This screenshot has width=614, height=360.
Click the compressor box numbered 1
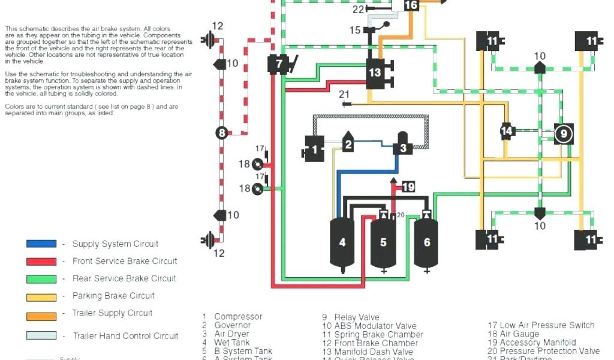point(314,149)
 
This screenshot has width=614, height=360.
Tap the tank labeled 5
point(383,242)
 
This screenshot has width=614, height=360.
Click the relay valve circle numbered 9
point(563,134)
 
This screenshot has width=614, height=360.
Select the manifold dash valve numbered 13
point(375,73)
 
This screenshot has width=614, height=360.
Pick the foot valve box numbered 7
point(278,64)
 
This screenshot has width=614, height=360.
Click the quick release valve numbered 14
point(507,131)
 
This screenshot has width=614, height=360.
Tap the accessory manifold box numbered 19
point(408,187)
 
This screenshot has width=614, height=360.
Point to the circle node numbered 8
point(222,133)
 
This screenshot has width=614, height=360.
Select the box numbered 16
point(411,5)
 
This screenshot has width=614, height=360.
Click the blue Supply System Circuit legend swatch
point(41,244)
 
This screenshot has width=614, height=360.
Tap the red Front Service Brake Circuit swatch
point(41,261)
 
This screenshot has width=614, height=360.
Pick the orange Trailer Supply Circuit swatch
point(41,313)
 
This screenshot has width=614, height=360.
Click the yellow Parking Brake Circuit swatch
point(41,296)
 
